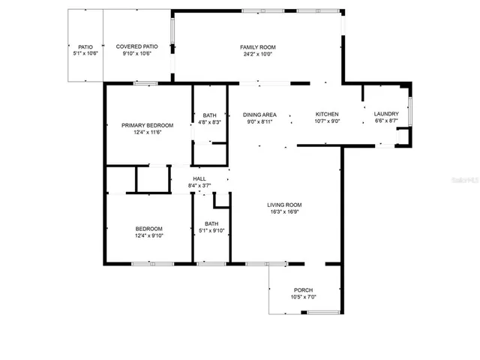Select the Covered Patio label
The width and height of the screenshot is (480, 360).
(136, 46)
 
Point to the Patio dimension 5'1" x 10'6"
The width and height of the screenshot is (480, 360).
(85, 54)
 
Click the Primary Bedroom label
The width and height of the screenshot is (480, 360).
(148, 125)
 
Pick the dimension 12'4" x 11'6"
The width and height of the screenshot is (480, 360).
(148, 133)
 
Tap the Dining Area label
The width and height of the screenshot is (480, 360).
(260, 115)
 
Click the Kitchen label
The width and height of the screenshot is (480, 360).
(327, 115)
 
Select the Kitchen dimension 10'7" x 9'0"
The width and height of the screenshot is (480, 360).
(327, 121)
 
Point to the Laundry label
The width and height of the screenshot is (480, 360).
(386, 115)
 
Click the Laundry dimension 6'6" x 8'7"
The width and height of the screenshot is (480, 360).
(386, 121)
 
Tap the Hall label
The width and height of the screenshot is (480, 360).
(199, 178)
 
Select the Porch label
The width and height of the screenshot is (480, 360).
(303, 290)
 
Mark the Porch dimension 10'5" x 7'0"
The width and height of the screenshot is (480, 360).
(303, 298)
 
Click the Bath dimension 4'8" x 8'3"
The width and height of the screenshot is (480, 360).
(211, 122)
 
